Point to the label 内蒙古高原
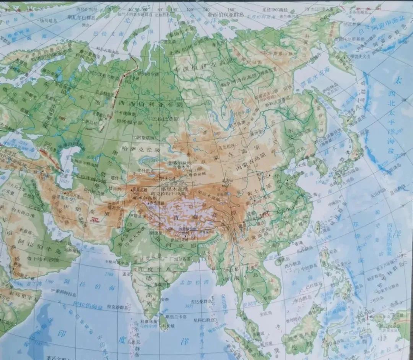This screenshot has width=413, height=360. pyautogui.click(x=250, y=167)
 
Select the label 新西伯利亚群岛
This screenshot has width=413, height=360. pyautogui.click(x=225, y=14)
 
